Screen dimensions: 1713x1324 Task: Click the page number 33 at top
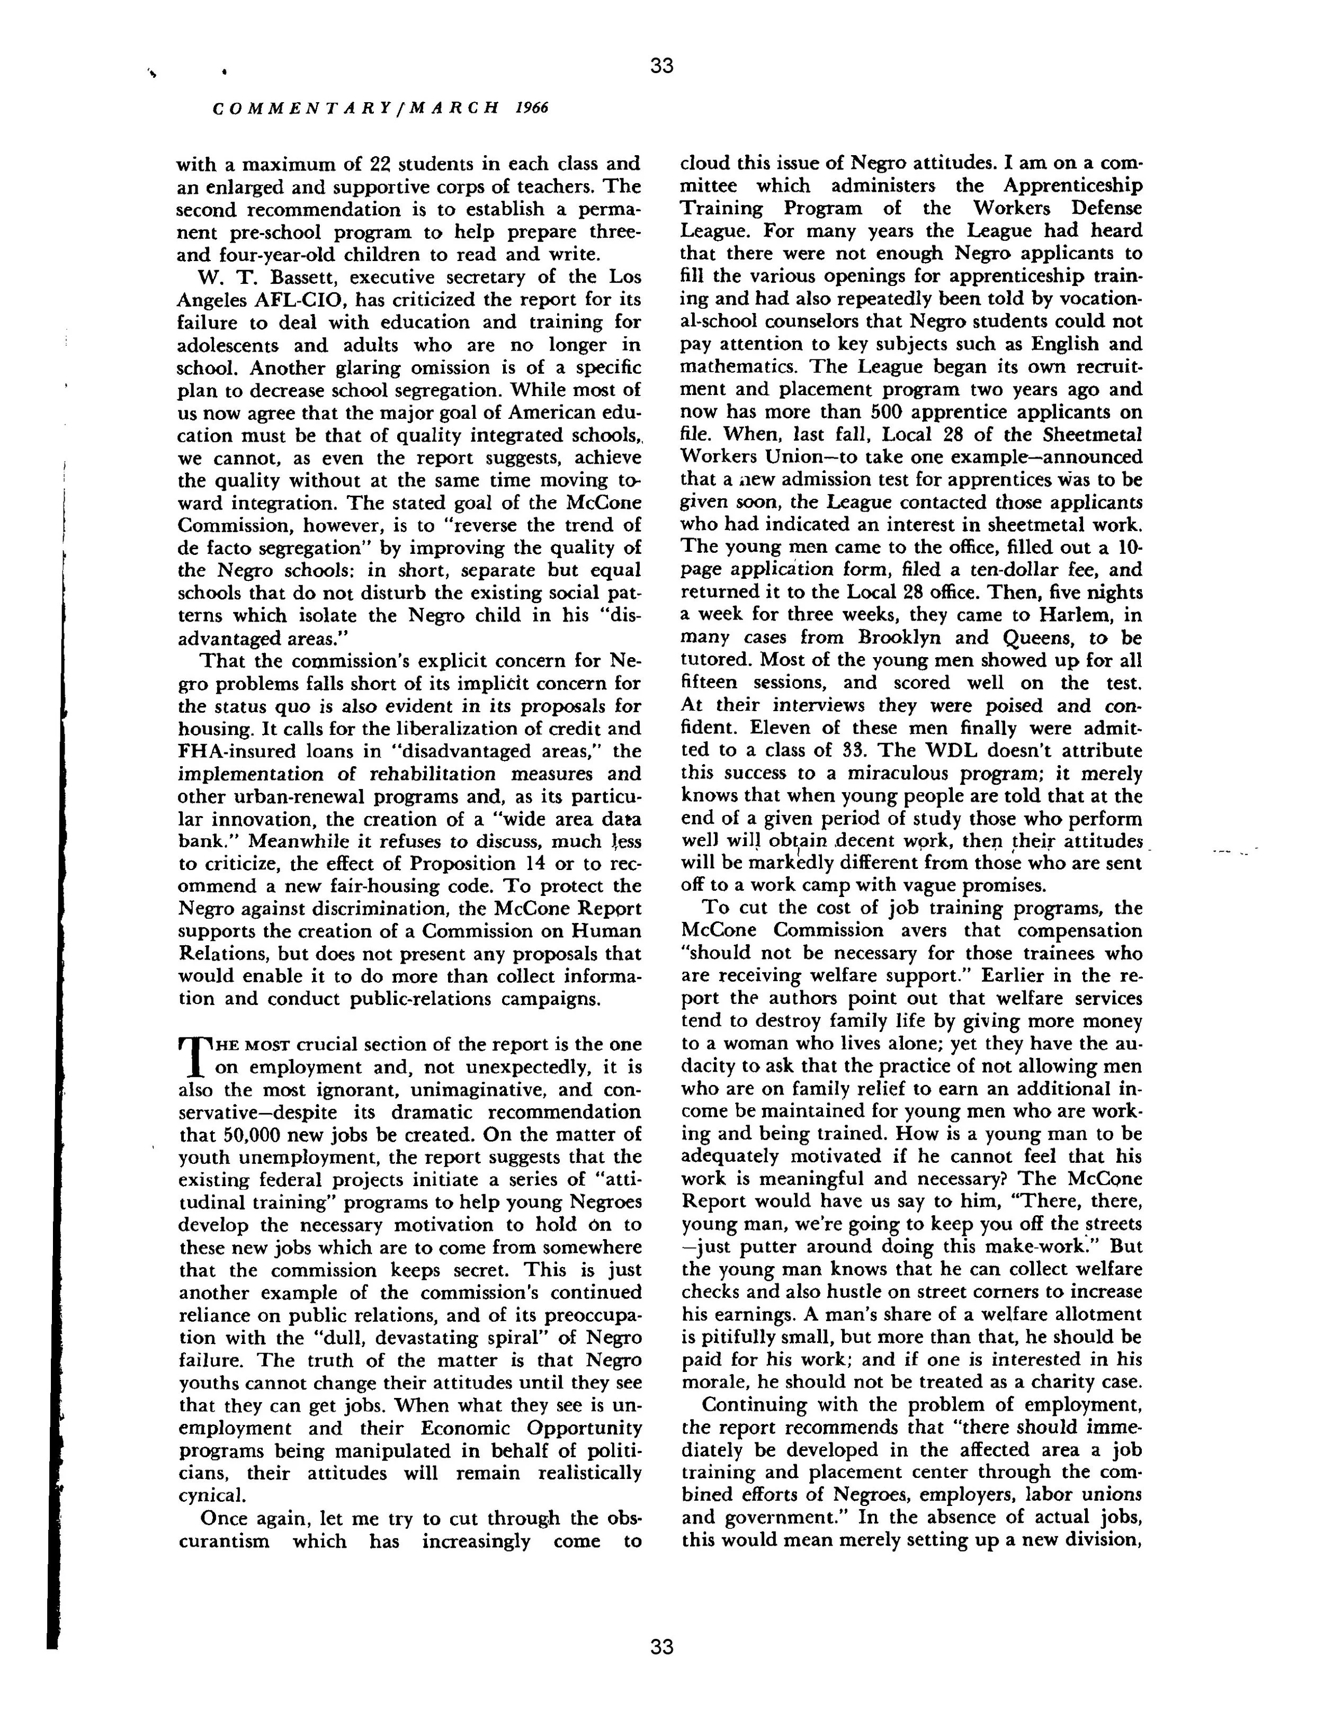click(x=661, y=66)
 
